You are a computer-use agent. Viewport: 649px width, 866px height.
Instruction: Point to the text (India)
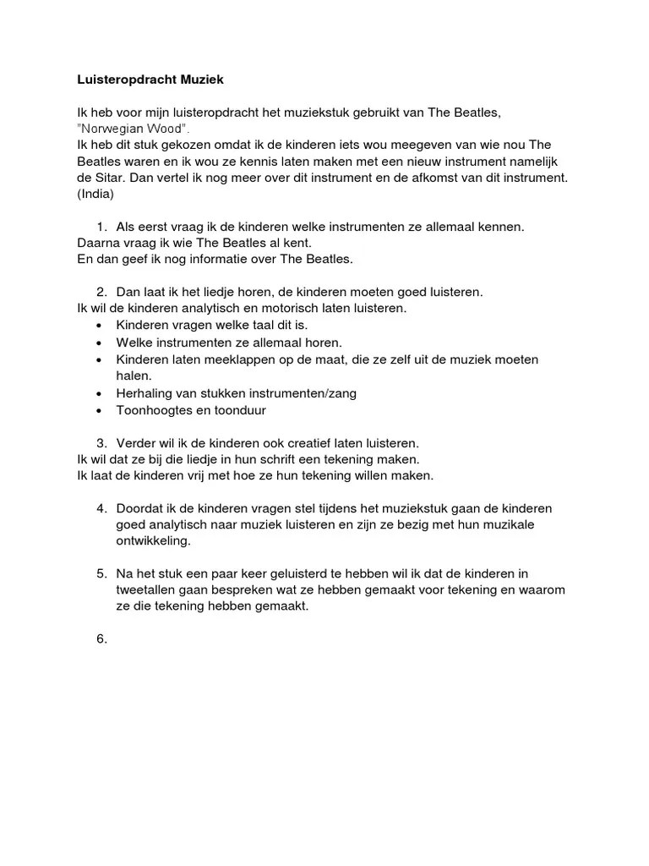click(x=95, y=194)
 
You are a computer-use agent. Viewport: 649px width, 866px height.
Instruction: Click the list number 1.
click(x=101, y=227)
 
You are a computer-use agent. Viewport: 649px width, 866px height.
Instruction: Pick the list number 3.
click(x=101, y=443)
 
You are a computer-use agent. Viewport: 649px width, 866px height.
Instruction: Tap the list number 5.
click(x=101, y=573)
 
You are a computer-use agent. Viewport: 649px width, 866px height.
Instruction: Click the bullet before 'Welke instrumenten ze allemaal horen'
click(x=100, y=343)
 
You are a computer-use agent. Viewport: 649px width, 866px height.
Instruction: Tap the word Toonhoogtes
click(x=154, y=410)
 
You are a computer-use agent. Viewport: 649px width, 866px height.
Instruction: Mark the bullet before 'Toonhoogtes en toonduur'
click(x=100, y=410)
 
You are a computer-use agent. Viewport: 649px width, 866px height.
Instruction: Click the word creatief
click(x=318, y=443)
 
